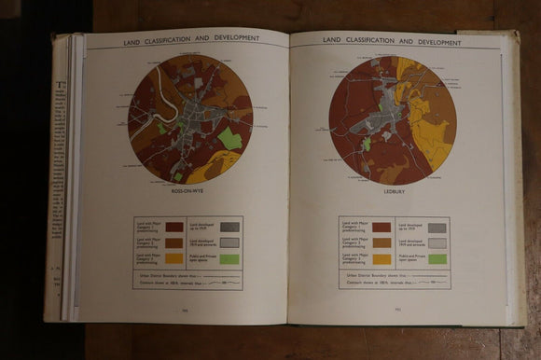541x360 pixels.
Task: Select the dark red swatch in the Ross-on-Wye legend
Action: click(x=174, y=227)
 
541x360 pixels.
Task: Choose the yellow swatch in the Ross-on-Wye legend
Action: click(x=174, y=257)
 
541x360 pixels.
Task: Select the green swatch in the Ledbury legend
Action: click(x=436, y=258)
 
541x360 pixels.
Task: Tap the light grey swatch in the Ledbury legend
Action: click(x=436, y=242)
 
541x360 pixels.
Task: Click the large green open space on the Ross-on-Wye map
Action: click(x=229, y=139)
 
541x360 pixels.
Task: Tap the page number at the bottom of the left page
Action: click(x=185, y=312)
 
